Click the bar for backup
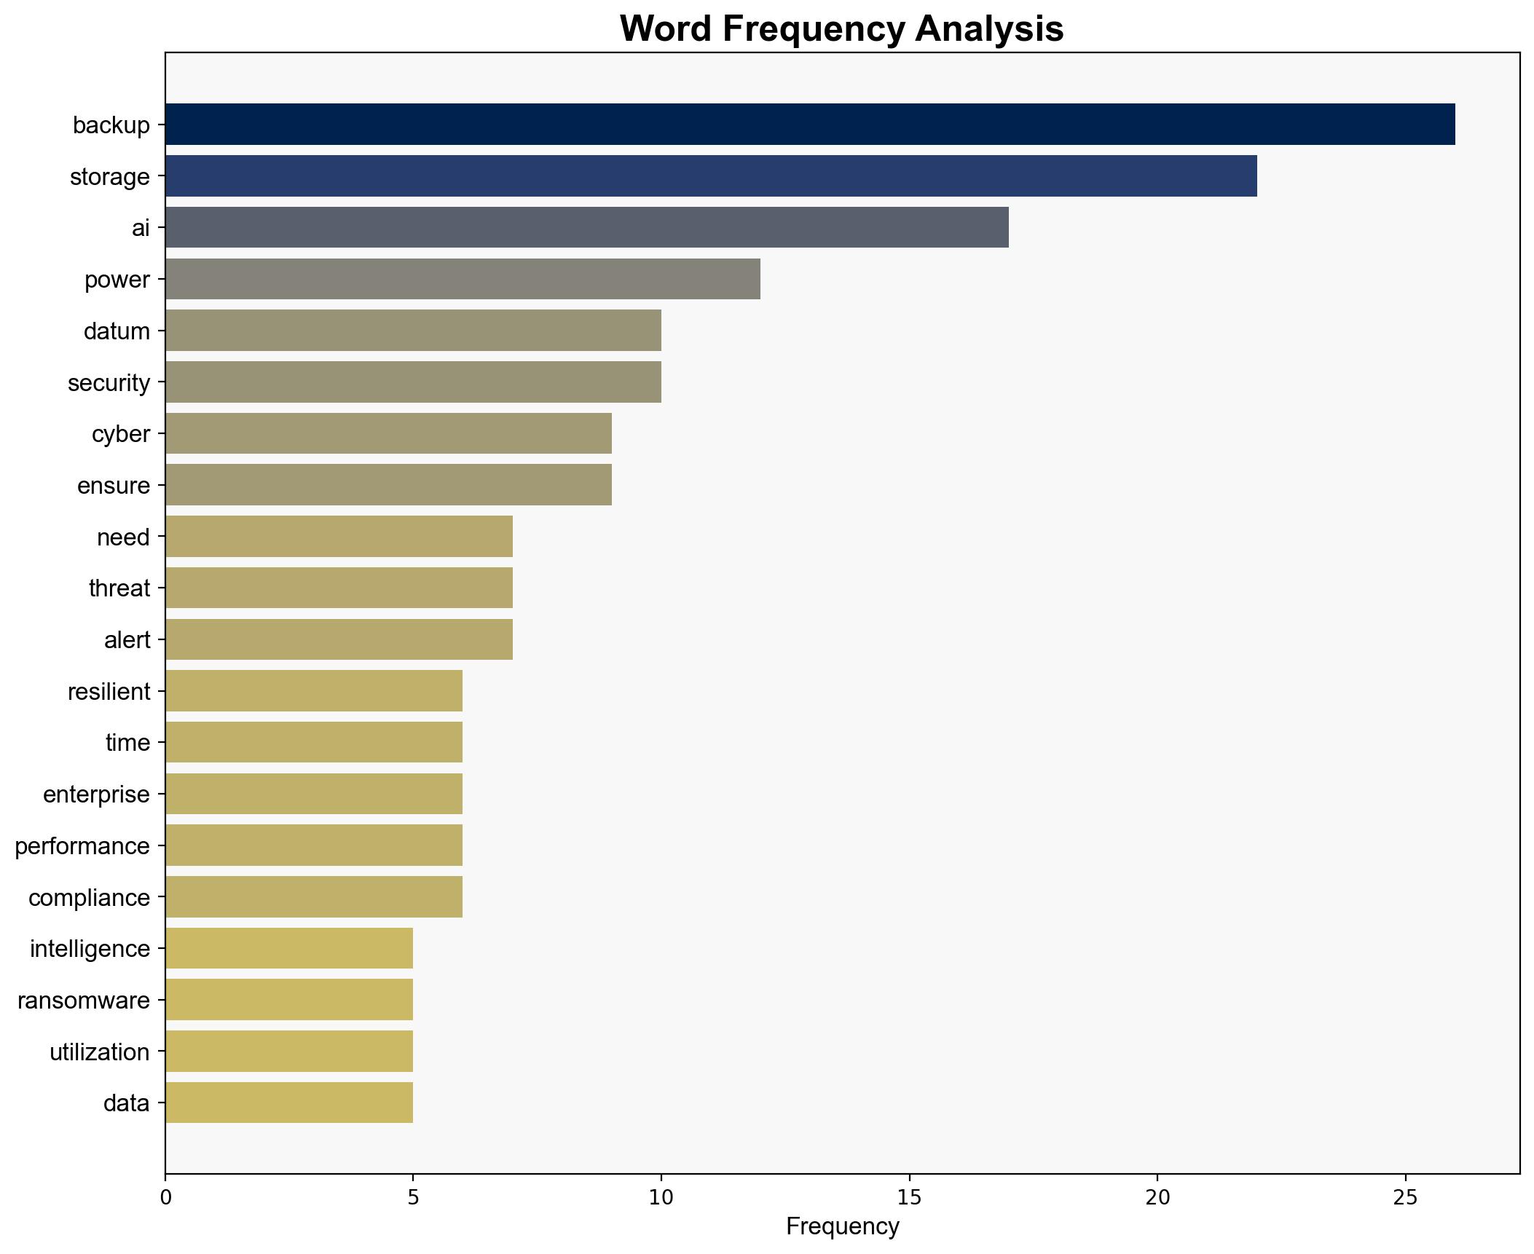(809, 125)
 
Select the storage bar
(710, 176)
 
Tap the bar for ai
(586, 228)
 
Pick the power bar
(463, 279)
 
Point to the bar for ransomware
(289, 1000)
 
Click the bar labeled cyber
(388, 433)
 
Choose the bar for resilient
(314, 691)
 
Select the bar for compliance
(314, 897)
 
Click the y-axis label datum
(117, 331)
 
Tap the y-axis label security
(109, 383)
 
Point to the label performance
(82, 846)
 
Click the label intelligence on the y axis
(90, 949)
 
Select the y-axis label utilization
(99, 1052)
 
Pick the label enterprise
(96, 794)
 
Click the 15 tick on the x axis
(909, 1198)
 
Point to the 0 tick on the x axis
(165, 1198)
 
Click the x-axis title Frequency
(842, 1227)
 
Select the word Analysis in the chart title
(989, 29)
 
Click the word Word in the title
(665, 29)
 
